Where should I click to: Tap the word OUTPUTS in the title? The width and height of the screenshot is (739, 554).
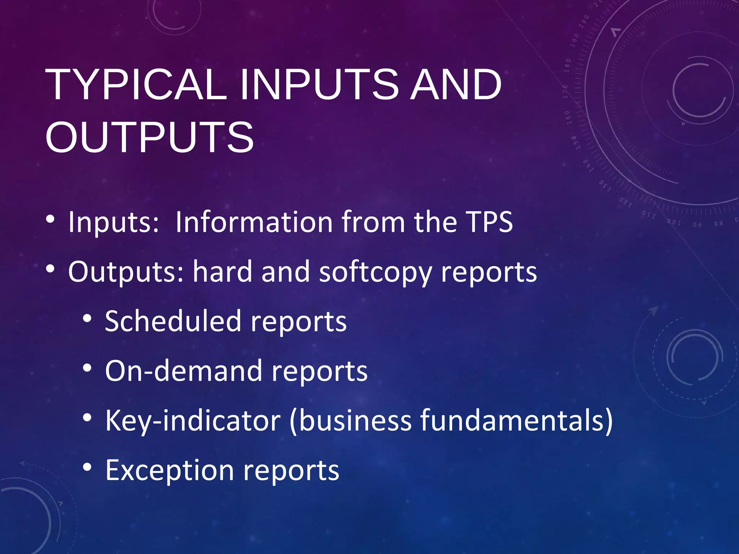tap(149, 137)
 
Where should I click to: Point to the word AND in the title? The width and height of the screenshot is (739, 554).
tap(456, 85)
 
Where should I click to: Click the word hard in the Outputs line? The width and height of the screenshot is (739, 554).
tap(222, 271)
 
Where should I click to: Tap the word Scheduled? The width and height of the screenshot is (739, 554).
tap(173, 321)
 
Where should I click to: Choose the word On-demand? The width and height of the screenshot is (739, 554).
tap(183, 371)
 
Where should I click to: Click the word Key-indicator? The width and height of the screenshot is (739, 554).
tap(193, 421)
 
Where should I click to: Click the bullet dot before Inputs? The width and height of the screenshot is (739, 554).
tap(51, 219)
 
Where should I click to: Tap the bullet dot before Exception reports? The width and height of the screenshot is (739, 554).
tap(87, 467)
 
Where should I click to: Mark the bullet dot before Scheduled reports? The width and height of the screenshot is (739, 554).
tap(87, 318)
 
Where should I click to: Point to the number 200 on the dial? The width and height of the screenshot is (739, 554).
tap(584, 22)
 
